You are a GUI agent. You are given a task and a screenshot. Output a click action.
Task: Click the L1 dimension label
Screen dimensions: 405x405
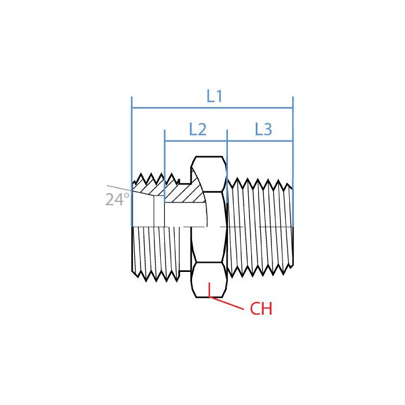215,97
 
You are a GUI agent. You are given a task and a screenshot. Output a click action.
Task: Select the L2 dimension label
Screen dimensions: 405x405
198,130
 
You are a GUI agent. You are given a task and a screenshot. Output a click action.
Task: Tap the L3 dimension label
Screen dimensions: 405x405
263,130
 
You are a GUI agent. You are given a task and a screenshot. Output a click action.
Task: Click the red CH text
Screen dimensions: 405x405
261,310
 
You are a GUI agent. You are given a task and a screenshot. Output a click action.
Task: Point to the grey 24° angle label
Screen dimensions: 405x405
117,200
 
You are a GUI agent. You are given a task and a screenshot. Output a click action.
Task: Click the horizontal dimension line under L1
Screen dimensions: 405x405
174,108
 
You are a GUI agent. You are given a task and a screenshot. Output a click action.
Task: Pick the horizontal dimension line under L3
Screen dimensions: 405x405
260,141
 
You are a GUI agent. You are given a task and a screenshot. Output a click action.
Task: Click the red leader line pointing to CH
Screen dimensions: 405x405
229,304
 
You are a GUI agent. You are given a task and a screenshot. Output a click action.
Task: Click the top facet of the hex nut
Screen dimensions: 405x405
209,174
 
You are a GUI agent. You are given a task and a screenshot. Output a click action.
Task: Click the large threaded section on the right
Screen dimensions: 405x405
260,226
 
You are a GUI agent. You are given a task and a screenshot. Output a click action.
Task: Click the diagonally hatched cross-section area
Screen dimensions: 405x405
185,192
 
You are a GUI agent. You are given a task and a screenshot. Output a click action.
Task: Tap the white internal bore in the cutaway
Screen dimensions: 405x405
185,214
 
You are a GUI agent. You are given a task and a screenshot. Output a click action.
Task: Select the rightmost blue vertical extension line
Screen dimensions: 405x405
293,145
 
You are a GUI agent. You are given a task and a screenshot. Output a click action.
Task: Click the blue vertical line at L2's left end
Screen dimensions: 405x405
165,153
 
